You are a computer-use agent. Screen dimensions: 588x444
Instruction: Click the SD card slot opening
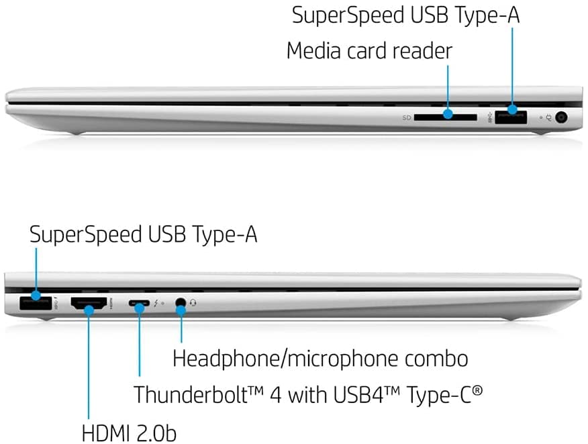[446, 118]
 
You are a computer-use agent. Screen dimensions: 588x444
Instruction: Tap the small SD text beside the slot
[407, 118]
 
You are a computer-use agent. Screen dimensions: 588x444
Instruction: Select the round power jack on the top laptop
[561, 118]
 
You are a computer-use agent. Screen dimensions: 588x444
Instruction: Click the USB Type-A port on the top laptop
[511, 117]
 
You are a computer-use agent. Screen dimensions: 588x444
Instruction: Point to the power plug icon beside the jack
[548, 118]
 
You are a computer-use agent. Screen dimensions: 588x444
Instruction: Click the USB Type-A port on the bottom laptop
[36, 303]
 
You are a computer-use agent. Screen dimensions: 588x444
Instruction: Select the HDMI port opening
[89, 303]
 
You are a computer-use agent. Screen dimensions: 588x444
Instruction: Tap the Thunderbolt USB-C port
[139, 303]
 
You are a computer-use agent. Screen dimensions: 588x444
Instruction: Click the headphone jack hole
[181, 302]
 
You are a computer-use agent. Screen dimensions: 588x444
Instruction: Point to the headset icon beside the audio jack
[193, 302]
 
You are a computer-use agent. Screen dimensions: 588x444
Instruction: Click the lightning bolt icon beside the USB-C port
[156, 303]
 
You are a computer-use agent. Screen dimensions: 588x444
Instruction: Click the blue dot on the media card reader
[448, 114]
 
